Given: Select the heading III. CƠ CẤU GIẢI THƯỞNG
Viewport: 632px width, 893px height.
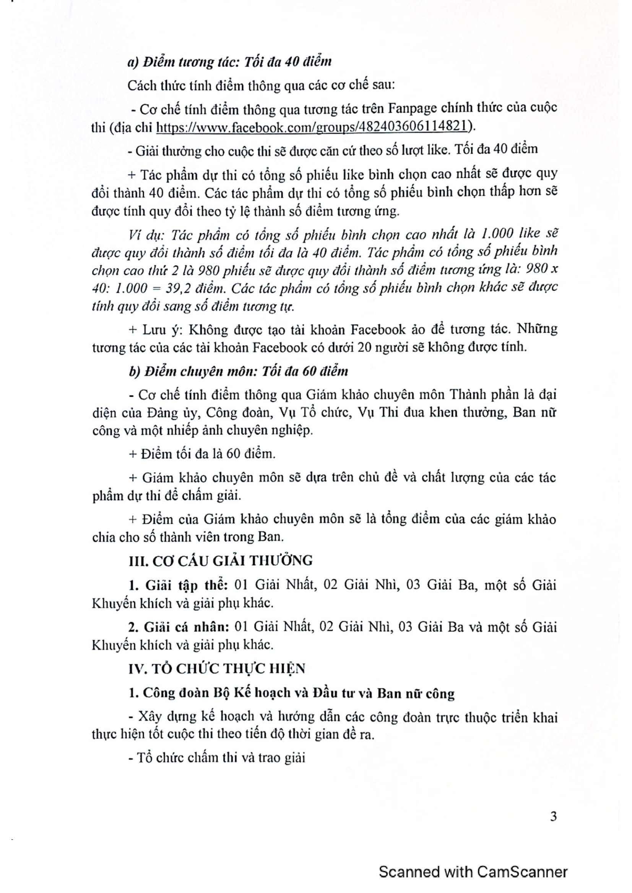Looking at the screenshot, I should coord(220,560).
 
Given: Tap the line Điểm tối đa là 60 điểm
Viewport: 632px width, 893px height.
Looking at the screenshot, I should coord(202,454).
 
